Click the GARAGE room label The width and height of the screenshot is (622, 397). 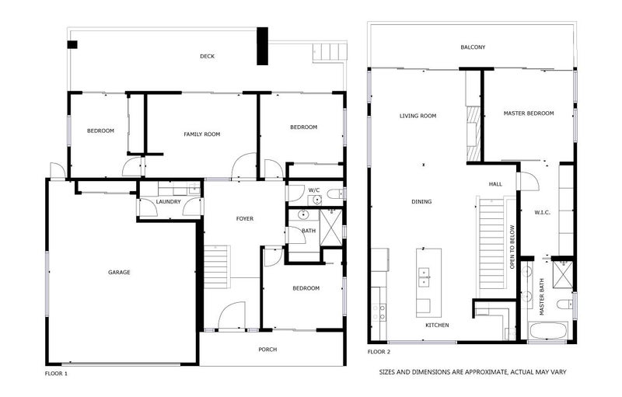tap(119, 272)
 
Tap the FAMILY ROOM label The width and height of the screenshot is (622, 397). tap(201, 134)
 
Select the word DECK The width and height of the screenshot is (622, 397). tap(207, 56)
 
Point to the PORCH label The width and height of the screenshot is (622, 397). tap(267, 350)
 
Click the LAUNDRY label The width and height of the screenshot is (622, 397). tap(168, 202)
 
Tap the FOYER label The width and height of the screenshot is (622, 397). tap(245, 218)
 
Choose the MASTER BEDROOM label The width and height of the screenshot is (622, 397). tap(529, 113)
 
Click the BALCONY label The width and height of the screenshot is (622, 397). tap(473, 47)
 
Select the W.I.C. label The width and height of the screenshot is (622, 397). tap(542, 212)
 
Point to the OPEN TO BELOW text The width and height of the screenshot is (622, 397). tap(512, 247)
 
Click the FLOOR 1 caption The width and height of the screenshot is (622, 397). tap(56, 373)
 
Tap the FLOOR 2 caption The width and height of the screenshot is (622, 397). tap(379, 352)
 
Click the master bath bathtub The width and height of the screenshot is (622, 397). tap(548, 331)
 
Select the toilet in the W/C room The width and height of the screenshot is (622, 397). tap(336, 194)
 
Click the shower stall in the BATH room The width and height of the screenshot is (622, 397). tap(331, 228)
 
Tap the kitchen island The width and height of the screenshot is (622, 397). tap(429, 283)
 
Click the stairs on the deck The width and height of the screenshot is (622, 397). tap(330, 52)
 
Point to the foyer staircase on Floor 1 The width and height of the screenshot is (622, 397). tap(217, 266)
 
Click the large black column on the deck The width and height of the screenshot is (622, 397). tap(262, 46)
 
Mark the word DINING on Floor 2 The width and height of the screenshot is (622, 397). tap(421, 202)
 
